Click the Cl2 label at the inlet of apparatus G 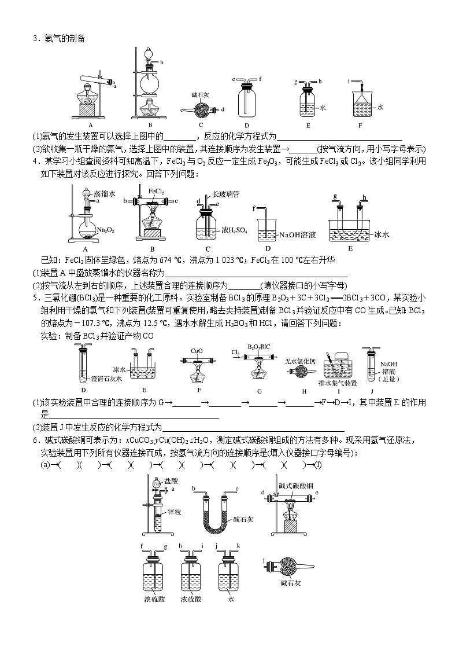(x=235, y=351)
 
